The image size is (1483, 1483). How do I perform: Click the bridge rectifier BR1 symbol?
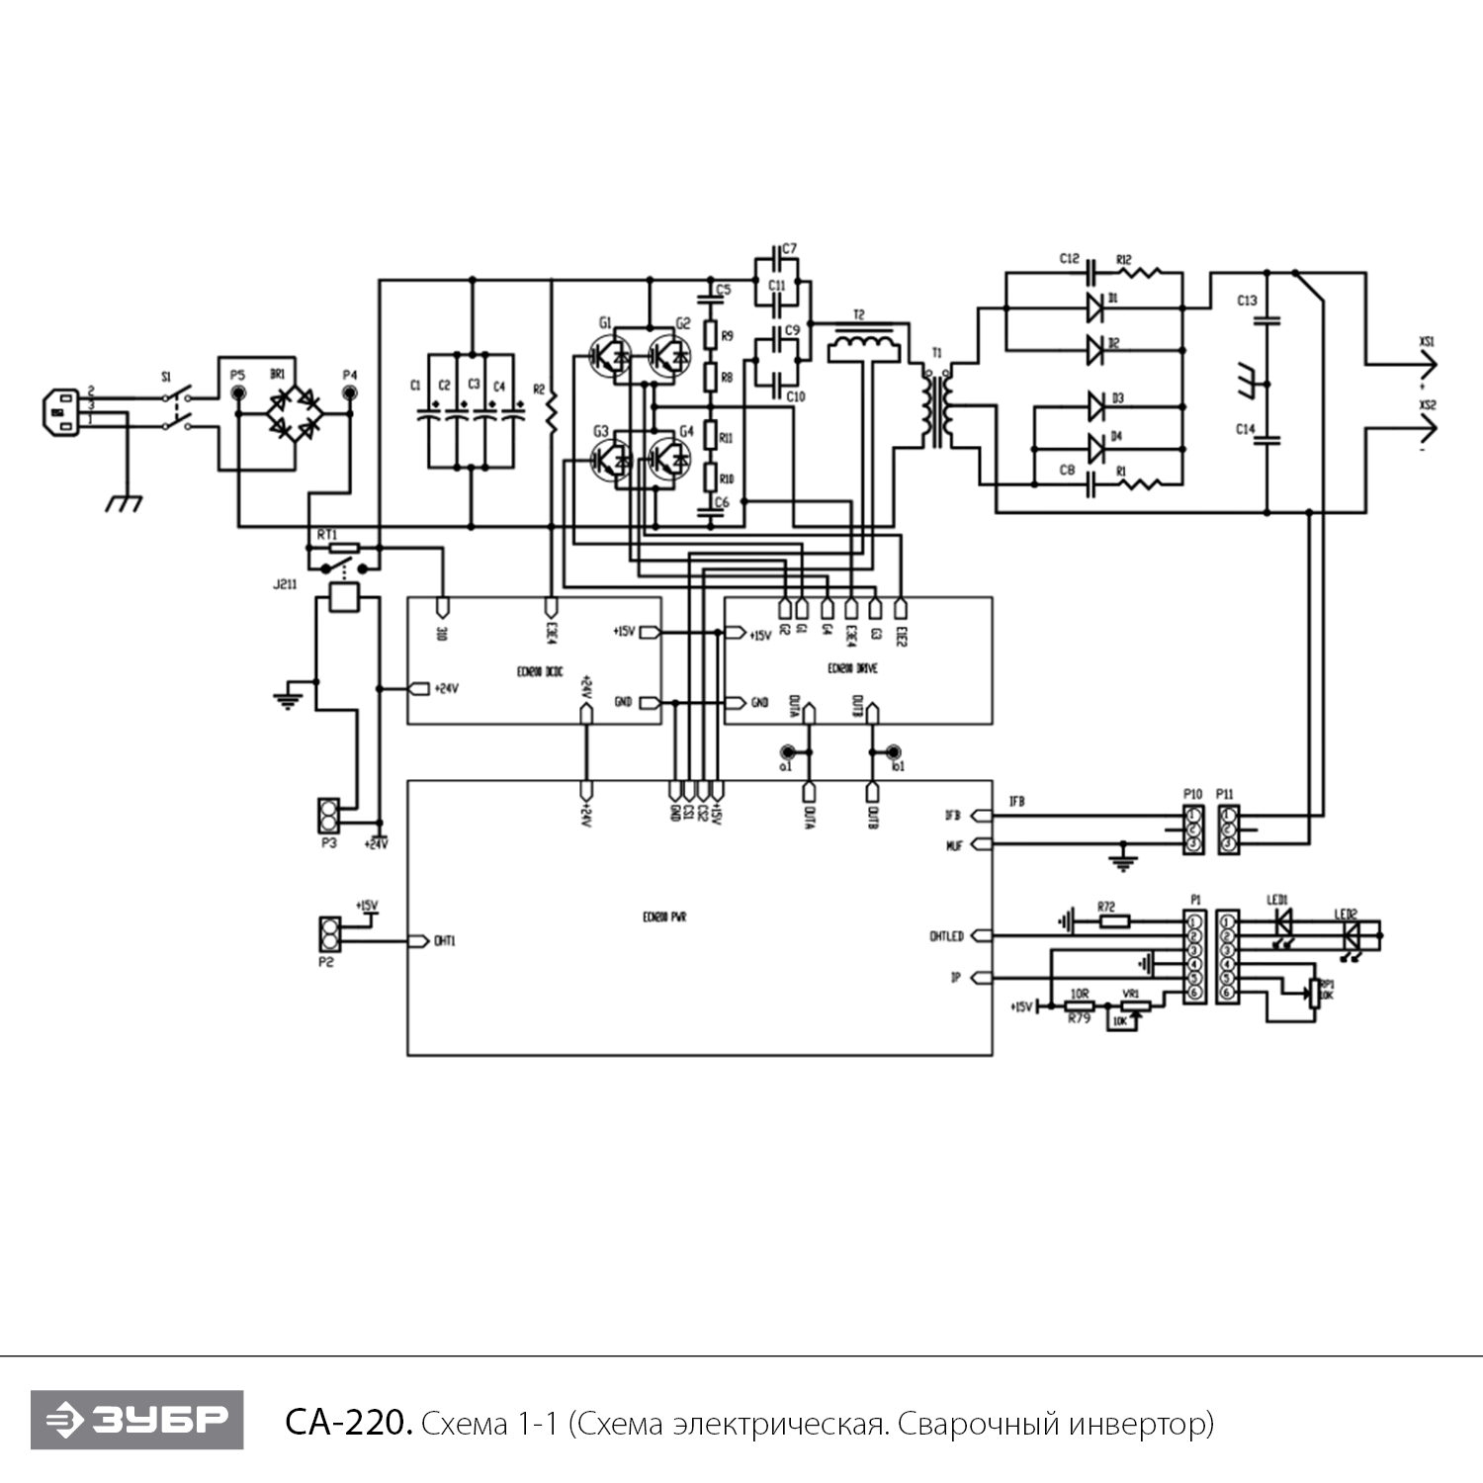[294, 413]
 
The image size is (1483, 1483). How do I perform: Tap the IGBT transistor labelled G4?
[669, 457]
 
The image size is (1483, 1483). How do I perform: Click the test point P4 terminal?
[349, 393]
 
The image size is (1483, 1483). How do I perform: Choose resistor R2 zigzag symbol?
[551, 413]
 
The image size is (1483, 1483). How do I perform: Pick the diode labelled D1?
[1095, 307]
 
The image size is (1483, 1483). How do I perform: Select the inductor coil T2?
[863, 345]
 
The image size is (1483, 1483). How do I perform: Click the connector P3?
[327, 817]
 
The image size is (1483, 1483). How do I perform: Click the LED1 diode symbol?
[1283, 921]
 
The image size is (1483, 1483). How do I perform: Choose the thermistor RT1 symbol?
[343, 547]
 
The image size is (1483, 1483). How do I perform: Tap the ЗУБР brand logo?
[136, 1420]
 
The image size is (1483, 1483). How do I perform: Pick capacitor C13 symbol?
[1267, 319]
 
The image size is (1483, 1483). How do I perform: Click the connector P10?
[1193, 829]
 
